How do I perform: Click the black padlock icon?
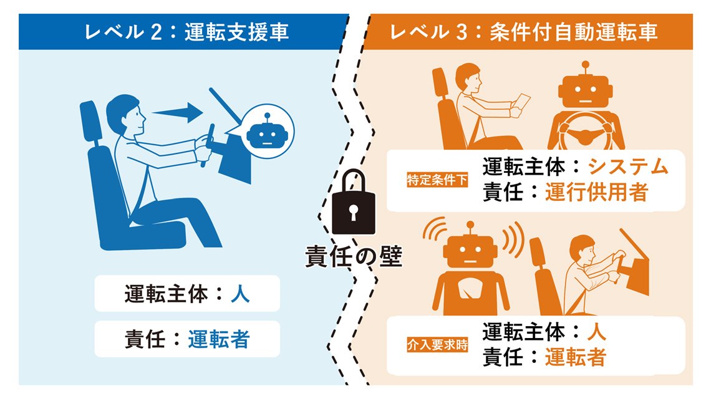(x=354, y=202)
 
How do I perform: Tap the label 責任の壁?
(x=354, y=256)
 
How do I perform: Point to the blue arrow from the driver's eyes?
(x=178, y=112)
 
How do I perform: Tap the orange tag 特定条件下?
(x=437, y=180)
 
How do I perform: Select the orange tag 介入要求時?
(x=437, y=345)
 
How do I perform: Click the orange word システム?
(x=628, y=167)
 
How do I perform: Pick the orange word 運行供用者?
(x=596, y=192)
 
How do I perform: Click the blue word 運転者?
(x=219, y=339)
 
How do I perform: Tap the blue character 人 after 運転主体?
(x=240, y=294)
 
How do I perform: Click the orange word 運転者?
(x=576, y=357)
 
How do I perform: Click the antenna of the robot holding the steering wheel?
(x=586, y=68)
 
